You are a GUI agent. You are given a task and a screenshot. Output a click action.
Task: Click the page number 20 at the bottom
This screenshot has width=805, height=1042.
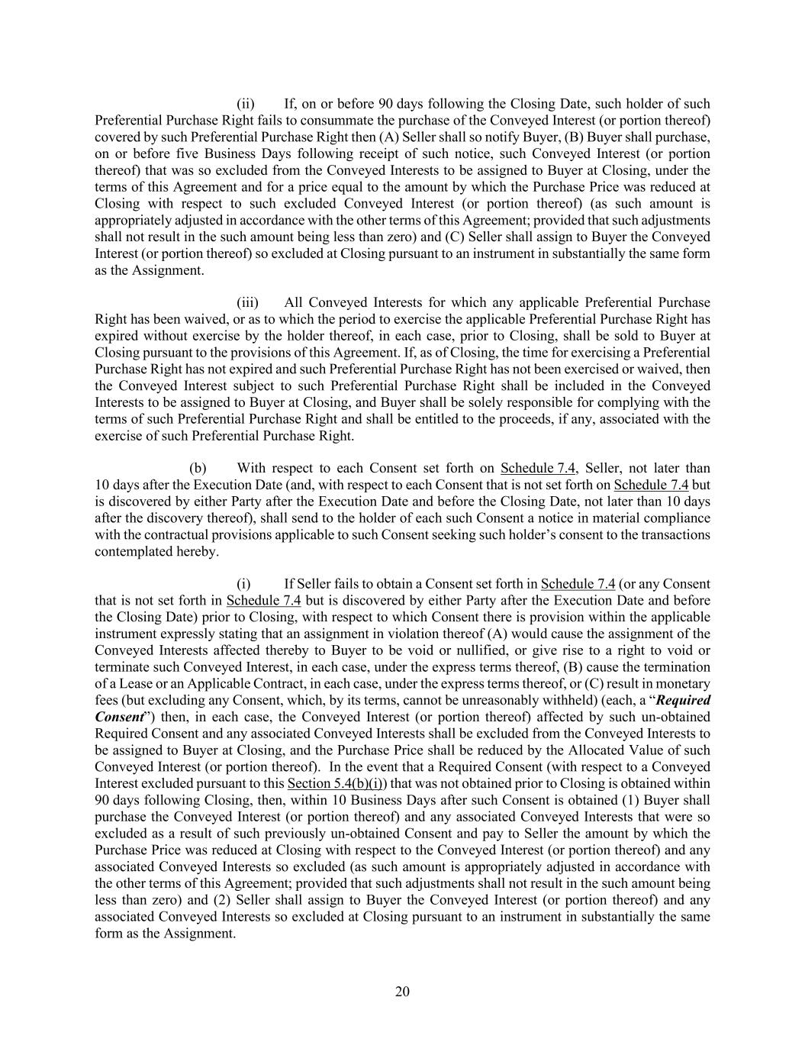(x=402, y=992)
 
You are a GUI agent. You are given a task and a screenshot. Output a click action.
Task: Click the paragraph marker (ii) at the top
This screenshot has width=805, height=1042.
(x=246, y=104)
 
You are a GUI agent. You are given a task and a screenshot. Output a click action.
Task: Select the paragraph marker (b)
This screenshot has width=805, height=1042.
(x=198, y=468)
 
